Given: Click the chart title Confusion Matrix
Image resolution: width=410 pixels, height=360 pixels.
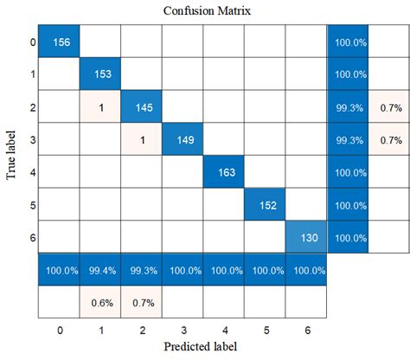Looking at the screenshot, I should (x=204, y=10).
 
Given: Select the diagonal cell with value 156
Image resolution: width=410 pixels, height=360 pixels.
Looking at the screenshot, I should (x=58, y=42).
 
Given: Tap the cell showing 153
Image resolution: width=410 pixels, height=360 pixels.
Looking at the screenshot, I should (x=99, y=74).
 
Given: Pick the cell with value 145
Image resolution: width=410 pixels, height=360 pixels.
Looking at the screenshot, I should (x=141, y=106).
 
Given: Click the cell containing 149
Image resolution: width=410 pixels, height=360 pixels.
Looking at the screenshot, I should (x=182, y=138).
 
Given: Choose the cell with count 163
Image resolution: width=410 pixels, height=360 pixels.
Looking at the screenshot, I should (x=223, y=171).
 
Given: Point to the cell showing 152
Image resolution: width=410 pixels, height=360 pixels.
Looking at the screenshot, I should (x=265, y=203).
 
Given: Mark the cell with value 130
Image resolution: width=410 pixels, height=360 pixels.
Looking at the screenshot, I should (x=305, y=235).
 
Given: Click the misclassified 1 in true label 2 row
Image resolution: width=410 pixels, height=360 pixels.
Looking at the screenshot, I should (x=99, y=106).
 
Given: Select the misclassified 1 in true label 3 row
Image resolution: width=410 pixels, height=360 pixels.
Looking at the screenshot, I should (x=141, y=138).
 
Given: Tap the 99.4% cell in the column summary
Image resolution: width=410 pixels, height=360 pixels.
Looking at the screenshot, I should (x=99, y=269).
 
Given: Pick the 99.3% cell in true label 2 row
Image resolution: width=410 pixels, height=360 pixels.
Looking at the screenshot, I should (x=347, y=106).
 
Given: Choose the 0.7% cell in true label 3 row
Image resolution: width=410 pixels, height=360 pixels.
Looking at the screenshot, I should (x=388, y=138).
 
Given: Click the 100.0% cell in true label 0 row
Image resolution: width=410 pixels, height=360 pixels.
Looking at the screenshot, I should (x=347, y=42).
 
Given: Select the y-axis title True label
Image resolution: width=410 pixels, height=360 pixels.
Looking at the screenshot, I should (x=11, y=154).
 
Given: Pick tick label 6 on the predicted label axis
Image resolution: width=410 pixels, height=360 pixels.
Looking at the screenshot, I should (x=305, y=331).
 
